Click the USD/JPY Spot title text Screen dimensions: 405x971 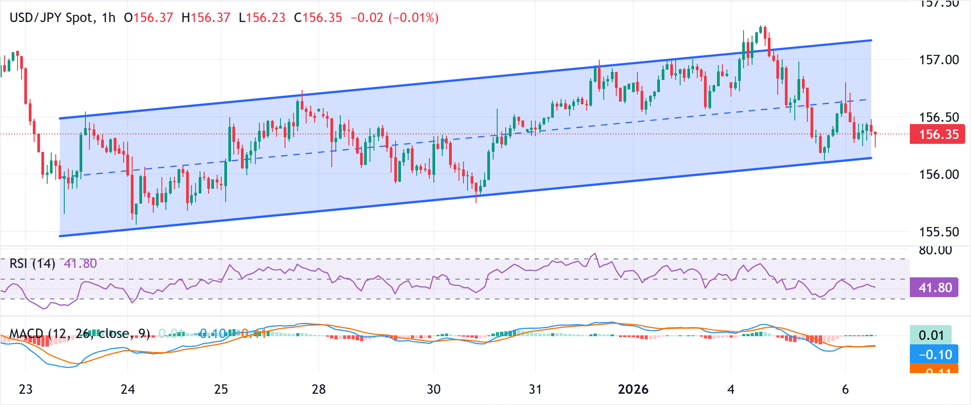[x=52, y=18]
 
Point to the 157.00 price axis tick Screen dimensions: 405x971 [x=939, y=60]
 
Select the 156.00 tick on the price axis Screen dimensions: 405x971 [x=939, y=174]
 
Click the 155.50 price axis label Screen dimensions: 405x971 [x=939, y=232]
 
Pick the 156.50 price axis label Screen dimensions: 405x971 [x=939, y=117]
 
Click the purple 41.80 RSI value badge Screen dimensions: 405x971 [x=934, y=288]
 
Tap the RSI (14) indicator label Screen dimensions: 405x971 [x=32, y=263]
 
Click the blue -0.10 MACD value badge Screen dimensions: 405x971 [x=934, y=355]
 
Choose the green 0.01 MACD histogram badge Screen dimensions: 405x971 [x=931, y=335]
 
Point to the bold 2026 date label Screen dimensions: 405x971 [x=633, y=389]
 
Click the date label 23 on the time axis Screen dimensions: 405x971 [x=26, y=389]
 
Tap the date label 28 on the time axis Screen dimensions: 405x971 [x=319, y=389]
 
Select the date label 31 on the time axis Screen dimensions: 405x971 [x=535, y=389]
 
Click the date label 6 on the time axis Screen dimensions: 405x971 [x=845, y=389]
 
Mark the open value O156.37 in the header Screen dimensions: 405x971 [x=148, y=18]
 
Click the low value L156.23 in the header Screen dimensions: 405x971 [x=262, y=18]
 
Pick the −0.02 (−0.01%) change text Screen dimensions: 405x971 [x=394, y=18]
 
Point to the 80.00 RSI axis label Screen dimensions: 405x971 [x=935, y=250]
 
